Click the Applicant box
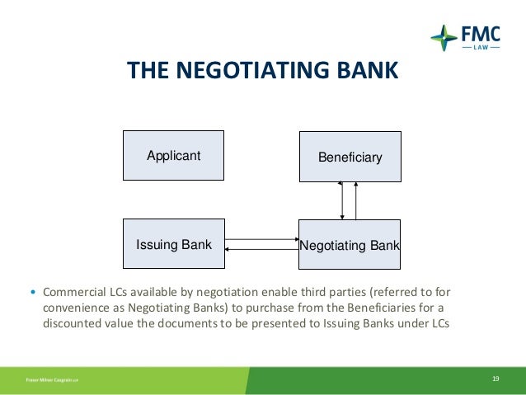(173, 155)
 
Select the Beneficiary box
(350, 157)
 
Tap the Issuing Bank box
(173, 244)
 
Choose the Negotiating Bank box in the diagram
(349, 245)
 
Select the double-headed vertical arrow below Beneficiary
(341, 200)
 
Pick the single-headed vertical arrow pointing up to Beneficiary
(356, 200)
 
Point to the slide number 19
(495, 379)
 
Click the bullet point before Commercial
(33, 293)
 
